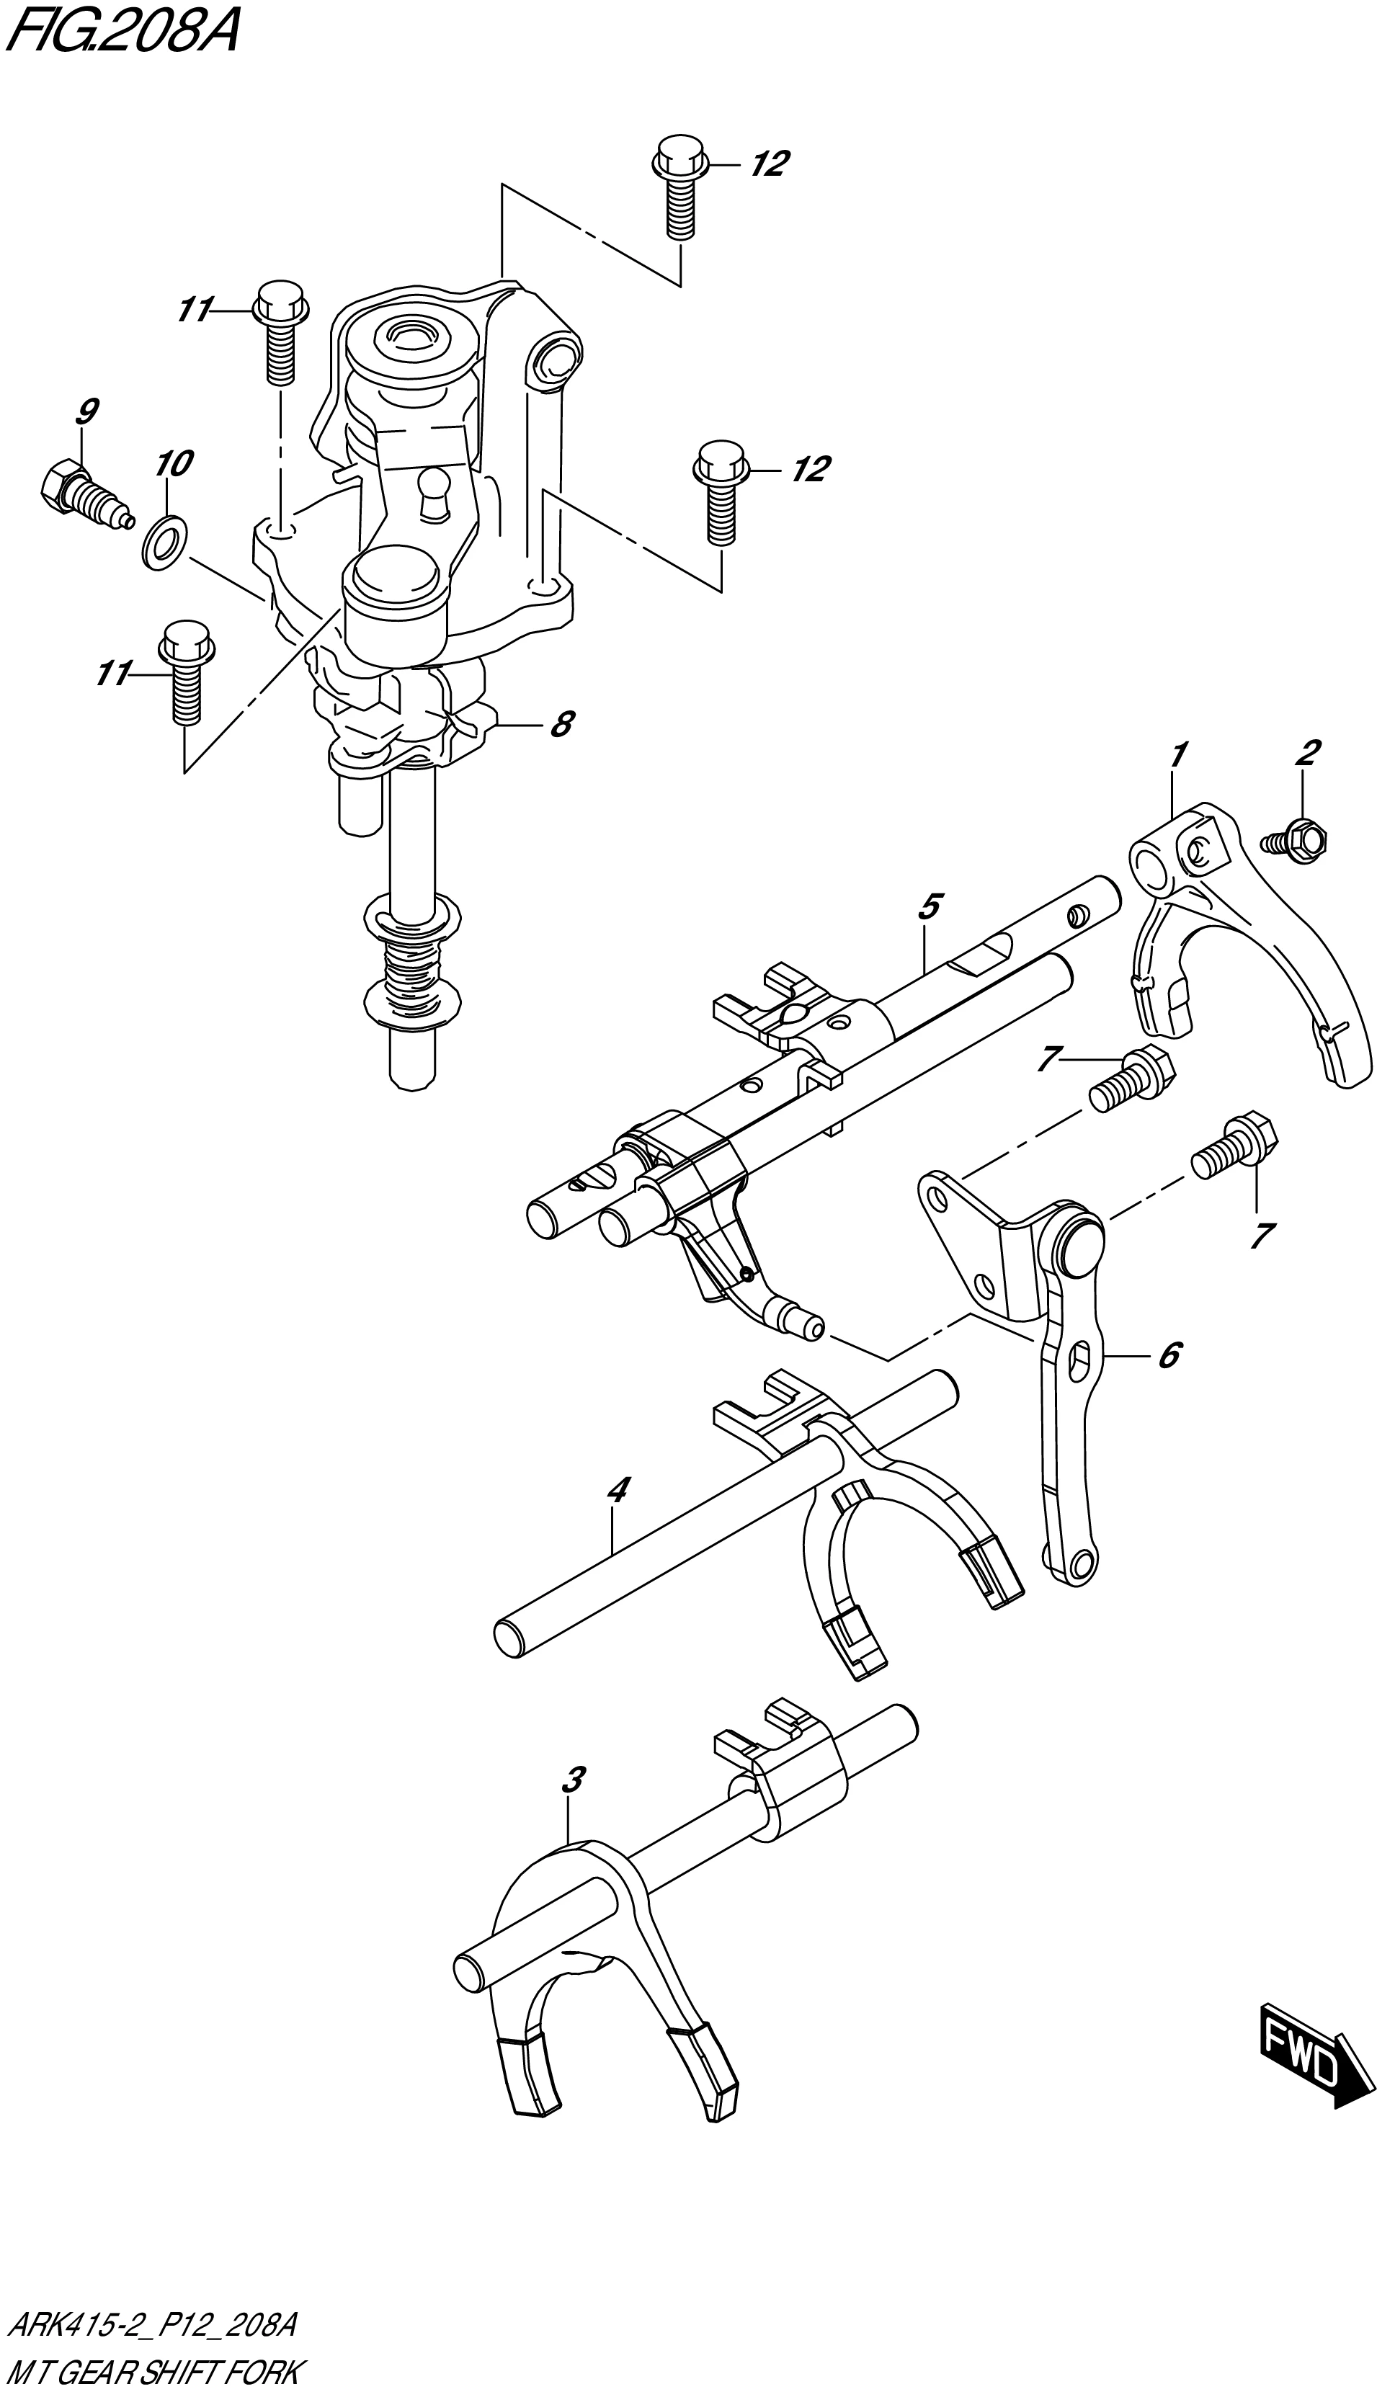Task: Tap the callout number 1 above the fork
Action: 1178,755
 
